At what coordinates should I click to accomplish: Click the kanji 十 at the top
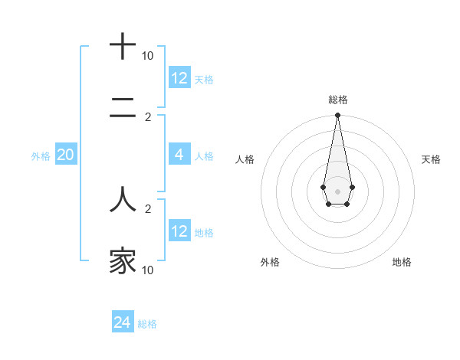123,47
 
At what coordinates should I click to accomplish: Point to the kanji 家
123,261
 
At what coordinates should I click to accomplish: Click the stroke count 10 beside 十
147,56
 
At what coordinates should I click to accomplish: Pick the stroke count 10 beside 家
147,270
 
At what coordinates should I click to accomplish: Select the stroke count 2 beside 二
147,116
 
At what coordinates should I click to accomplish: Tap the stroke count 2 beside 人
147,208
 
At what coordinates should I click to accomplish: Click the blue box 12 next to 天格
179,78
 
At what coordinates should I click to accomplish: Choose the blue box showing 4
179,155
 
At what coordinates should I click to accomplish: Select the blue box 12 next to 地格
179,231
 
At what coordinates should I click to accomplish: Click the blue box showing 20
66,155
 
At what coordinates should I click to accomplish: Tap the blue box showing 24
123,322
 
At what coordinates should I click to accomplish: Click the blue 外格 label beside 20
41,156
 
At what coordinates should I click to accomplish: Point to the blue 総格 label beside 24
147,324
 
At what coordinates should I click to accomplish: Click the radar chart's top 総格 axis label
337,100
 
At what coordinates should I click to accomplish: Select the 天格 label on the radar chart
432,159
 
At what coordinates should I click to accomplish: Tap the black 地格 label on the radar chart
402,263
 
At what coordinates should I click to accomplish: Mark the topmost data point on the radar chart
337,115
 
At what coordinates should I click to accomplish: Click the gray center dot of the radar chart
337,190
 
